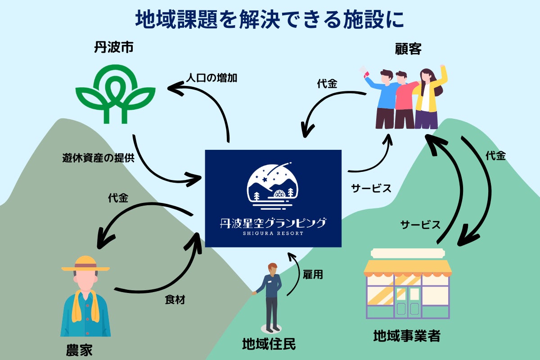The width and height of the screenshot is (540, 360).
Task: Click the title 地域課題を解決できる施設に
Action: [270, 19]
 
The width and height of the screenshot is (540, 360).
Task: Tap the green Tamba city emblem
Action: [115, 96]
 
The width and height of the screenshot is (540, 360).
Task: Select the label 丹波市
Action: [113, 47]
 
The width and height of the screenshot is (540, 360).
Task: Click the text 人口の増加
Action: [211, 77]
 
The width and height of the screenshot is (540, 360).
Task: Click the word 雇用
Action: [313, 274]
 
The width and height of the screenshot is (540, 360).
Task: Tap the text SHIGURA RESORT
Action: [273, 233]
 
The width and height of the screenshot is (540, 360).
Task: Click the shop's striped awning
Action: [408, 268]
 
